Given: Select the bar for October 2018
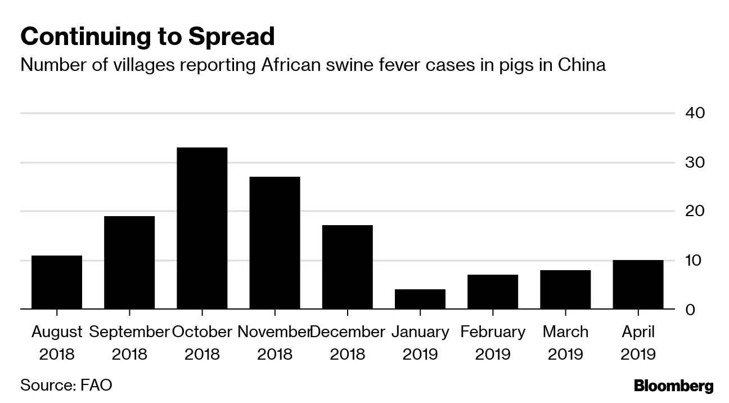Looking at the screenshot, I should (202, 229).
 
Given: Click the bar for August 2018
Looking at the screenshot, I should (57, 283).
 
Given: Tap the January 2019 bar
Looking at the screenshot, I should (420, 299).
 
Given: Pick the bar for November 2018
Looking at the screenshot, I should (274, 243).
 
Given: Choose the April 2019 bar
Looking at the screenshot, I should (638, 285).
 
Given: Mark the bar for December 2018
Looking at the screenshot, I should (347, 267).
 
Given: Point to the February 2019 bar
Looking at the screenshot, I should (493, 292).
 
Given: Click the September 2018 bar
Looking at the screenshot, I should (129, 263).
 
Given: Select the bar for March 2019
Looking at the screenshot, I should (565, 290).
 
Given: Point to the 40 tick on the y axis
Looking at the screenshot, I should (695, 113).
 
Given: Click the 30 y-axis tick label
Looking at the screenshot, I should (695, 163).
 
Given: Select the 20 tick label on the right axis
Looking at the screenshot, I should (695, 212).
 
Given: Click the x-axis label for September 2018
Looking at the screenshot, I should (129, 343).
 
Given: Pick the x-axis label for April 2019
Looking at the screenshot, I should (638, 343).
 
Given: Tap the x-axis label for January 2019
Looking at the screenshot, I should (420, 343).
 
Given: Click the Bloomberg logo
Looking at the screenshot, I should (673, 386).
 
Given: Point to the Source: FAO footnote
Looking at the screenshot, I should (66, 386).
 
